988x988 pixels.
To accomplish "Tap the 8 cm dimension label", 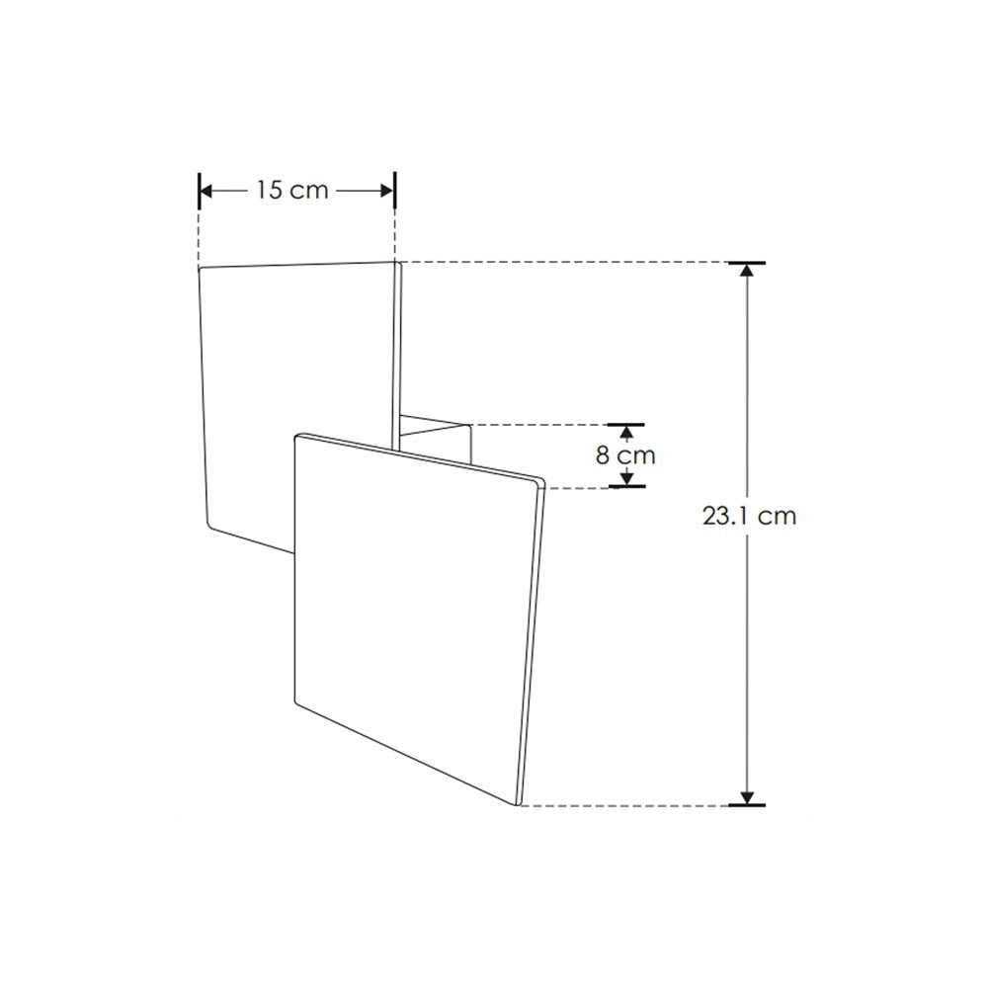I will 626,455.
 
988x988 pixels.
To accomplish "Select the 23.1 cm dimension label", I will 749,516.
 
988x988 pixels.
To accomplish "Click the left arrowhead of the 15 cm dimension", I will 207,190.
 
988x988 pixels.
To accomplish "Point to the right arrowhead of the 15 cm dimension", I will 386,190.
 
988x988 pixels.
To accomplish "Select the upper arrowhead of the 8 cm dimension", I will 625,432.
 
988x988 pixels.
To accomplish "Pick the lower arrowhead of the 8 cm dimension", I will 625,478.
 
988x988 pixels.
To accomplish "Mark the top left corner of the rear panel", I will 201,268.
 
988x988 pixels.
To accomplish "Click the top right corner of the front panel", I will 541,481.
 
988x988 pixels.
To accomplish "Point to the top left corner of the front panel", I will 297,436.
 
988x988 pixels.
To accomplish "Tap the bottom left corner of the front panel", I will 297,701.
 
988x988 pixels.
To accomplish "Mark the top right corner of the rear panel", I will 398,264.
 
